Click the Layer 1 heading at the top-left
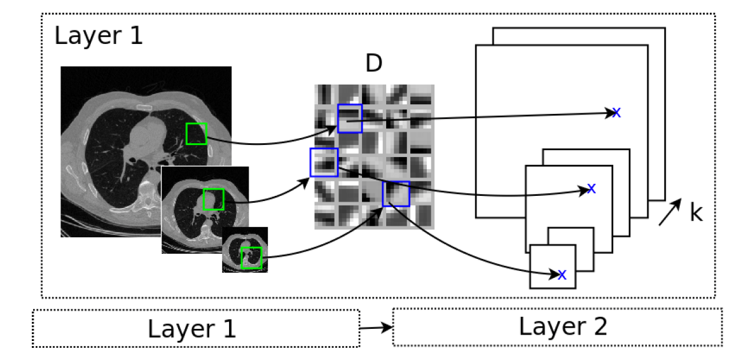99,35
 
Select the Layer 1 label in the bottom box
191,329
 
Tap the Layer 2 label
563,326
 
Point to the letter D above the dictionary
373,64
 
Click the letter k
696,213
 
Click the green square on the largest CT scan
196,134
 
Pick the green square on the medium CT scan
213,199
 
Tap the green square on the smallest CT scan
251,258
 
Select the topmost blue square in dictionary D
349,118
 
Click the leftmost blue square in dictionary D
322,162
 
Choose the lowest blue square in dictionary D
396,194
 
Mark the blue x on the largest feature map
616,113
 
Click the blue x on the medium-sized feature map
591,188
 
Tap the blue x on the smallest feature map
562,275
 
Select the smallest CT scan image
245,250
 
